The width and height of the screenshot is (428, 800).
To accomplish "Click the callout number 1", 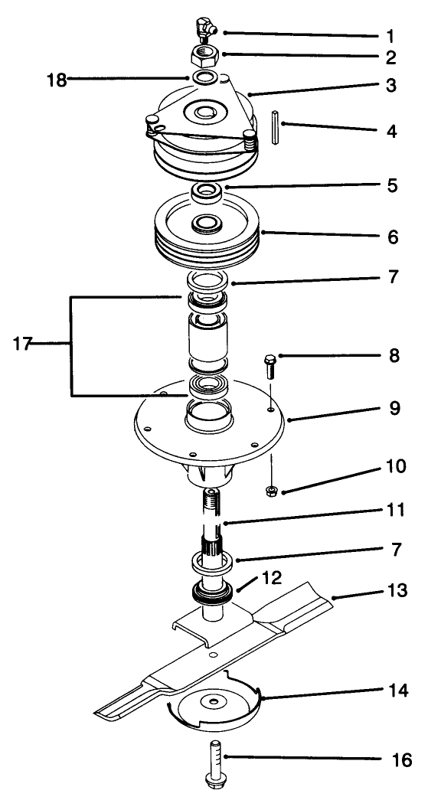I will click(390, 35).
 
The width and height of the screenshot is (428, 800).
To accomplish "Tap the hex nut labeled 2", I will click(203, 55).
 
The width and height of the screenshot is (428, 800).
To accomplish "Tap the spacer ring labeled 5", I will click(208, 191).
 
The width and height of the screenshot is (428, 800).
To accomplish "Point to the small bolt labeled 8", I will click(270, 367).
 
